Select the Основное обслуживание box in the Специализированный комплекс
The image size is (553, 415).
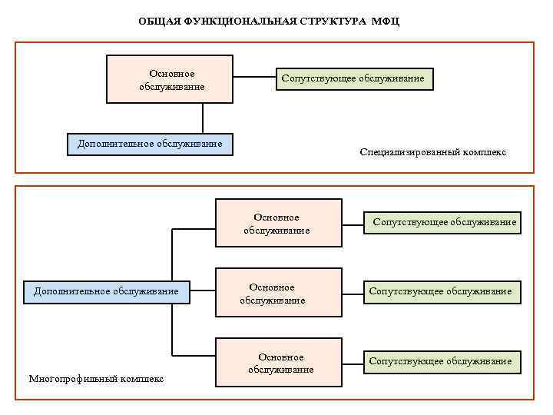(170, 78)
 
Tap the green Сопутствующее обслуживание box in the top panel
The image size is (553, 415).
(354, 79)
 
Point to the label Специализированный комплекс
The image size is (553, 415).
(432, 152)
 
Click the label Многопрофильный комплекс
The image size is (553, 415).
(96, 378)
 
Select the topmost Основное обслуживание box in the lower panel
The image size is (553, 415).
(278, 223)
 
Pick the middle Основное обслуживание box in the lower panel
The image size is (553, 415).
(278, 293)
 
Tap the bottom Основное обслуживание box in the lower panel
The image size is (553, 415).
(278, 363)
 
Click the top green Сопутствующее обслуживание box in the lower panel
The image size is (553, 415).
(443, 223)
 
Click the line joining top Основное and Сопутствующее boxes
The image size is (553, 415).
(254, 78)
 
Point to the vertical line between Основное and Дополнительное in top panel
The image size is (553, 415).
(203, 118)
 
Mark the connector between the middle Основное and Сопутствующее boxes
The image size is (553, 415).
(353, 292)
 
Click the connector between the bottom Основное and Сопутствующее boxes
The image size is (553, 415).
(353, 360)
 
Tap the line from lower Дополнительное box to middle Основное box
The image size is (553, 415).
(202, 290)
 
